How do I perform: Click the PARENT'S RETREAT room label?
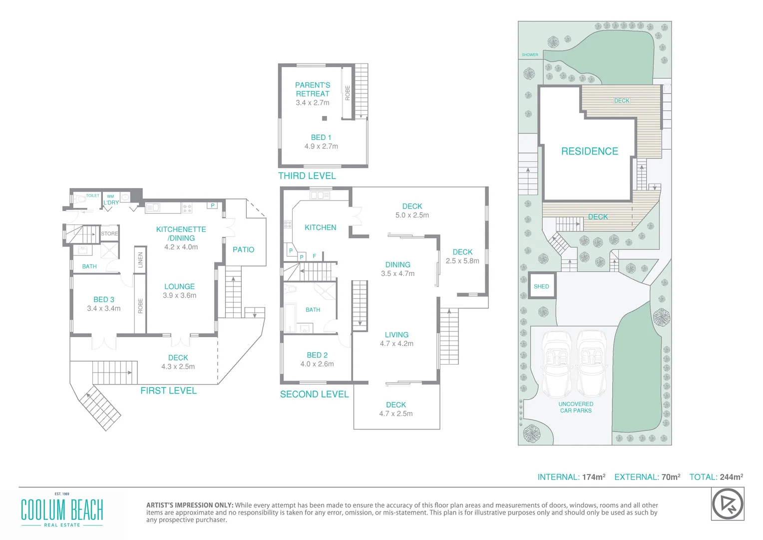coord(313,89)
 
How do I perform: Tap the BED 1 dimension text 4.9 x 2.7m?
coord(321,146)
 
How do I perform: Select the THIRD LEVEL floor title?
coord(307,176)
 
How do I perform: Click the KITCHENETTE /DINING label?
coord(181,233)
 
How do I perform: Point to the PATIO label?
coord(243,249)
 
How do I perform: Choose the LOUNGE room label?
coord(179,286)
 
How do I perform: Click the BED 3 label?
coord(104,299)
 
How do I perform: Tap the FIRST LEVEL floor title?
coord(168,391)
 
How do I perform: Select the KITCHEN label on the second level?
coord(320,227)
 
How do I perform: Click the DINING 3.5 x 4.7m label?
coord(397,269)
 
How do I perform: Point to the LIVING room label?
coord(396,335)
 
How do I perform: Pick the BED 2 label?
coord(317,355)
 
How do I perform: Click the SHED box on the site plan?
coord(542,286)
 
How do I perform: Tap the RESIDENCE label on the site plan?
coord(589,151)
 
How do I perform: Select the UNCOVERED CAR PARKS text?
coord(576,407)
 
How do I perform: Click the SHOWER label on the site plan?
coord(530,55)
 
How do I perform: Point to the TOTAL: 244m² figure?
coord(716,477)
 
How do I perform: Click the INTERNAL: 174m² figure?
coord(571,477)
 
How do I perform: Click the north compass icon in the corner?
coord(727,504)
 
